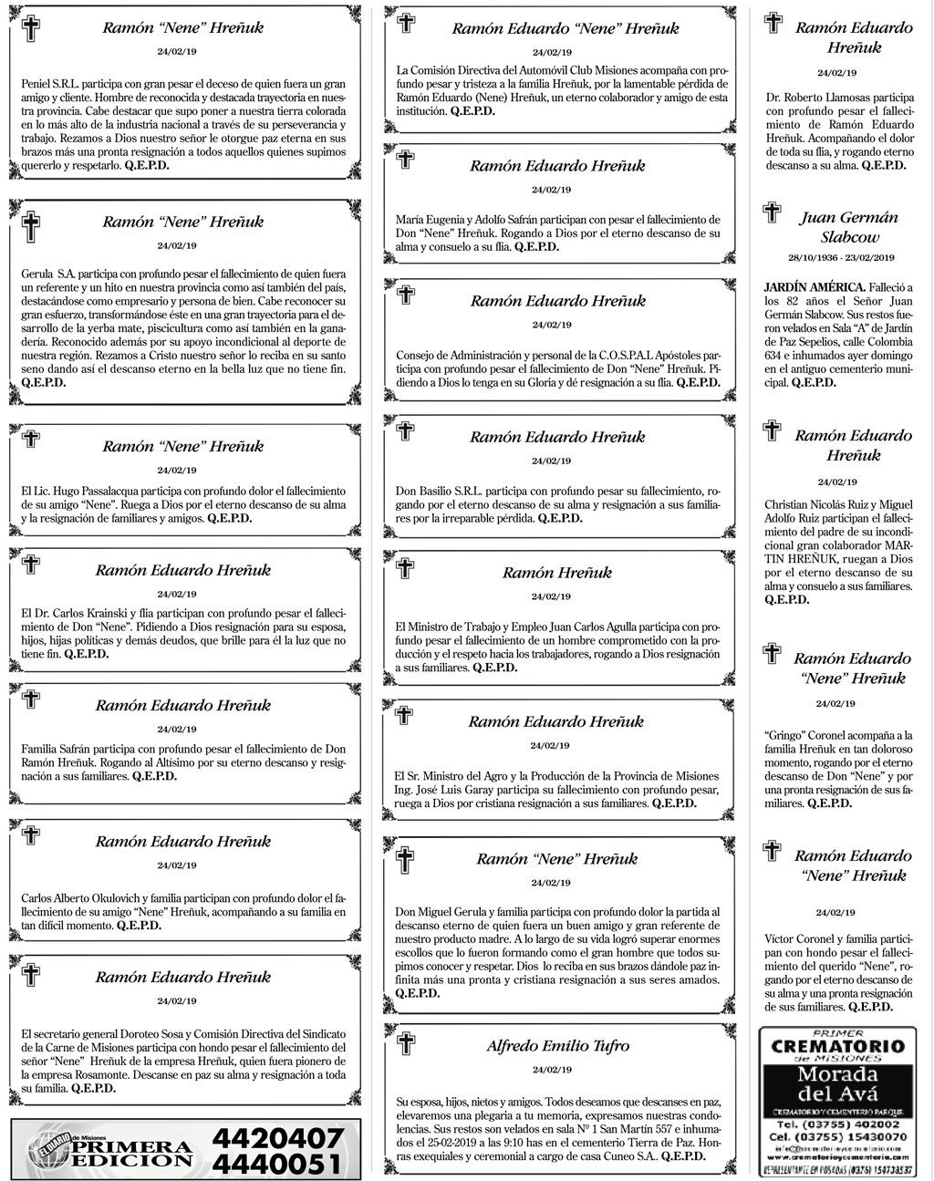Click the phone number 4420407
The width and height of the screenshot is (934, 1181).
pos(277,1138)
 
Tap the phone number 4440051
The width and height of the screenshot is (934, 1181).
pos(277,1164)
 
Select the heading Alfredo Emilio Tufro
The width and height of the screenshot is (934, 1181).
pos(557,1045)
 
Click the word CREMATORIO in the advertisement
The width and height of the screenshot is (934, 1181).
pos(838,1045)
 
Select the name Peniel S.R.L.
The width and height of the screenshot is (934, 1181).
pos(50,83)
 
